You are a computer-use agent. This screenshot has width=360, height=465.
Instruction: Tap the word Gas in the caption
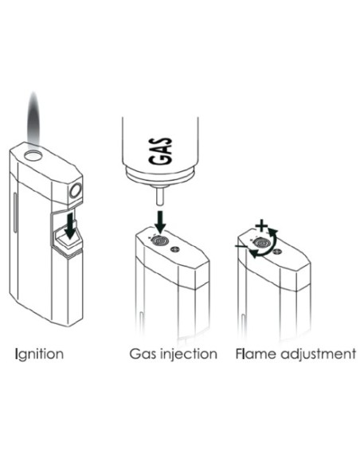[143, 354]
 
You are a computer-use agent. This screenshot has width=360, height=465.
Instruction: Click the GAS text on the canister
[160, 150]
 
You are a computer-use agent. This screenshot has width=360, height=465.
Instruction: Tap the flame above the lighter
[33, 119]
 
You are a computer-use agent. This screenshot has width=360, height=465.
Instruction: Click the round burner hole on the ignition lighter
[33, 155]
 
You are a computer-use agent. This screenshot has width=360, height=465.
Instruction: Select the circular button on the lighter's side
[75, 190]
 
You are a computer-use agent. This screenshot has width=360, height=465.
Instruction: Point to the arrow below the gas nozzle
[161, 221]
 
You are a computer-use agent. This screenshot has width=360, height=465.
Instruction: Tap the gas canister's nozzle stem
[160, 195]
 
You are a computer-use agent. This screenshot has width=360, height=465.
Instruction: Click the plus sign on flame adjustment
[262, 226]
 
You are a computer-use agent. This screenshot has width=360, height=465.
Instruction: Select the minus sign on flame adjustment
[241, 246]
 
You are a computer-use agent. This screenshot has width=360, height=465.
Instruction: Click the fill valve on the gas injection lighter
[160, 240]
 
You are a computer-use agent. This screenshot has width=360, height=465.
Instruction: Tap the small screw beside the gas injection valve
[175, 250]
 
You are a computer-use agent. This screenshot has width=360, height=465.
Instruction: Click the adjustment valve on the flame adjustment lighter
[262, 243]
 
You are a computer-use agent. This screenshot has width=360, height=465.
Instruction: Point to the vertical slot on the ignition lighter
[15, 213]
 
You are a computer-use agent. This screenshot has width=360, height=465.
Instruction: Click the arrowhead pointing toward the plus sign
[273, 232]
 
